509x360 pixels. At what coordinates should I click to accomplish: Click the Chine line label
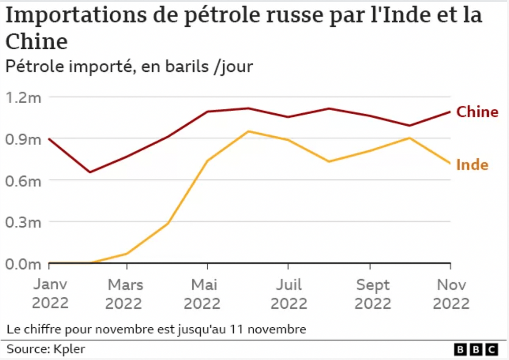click(x=477, y=112)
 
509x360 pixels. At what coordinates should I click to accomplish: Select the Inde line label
click(x=472, y=165)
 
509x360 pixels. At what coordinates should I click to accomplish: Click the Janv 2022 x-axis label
click(x=50, y=294)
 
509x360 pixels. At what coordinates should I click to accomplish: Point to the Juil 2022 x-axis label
click(x=289, y=294)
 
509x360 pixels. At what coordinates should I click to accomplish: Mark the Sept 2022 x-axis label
click(x=372, y=294)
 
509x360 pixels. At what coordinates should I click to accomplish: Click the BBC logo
click(x=476, y=349)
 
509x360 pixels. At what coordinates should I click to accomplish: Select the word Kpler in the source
click(x=69, y=349)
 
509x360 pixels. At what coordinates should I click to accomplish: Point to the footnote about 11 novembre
click(x=156, y=329)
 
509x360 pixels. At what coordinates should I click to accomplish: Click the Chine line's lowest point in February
click(x=89, y=172)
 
